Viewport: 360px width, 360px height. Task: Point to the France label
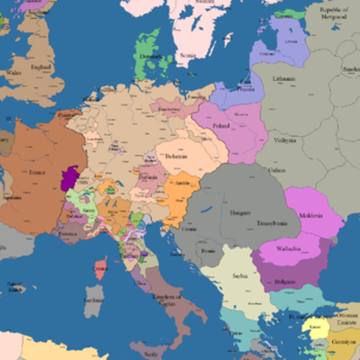click(x=37, y=171)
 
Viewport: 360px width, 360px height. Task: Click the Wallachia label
click(x=289, y=247)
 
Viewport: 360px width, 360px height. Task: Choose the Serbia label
click(x=237, y=275)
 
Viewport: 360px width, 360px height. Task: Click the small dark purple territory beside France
click(x=67, y=177)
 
